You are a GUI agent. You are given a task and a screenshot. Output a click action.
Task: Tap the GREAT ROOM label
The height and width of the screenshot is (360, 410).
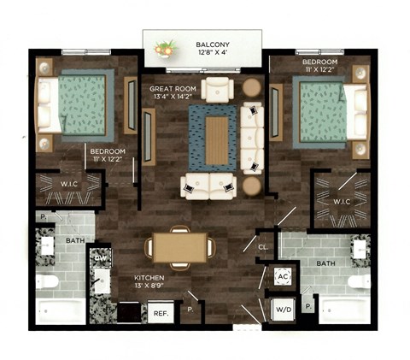point(174,88)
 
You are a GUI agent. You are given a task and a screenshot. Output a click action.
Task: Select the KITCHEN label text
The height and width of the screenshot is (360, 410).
point(149,279)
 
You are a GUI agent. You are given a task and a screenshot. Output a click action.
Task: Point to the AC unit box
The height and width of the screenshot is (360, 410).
point(283,276)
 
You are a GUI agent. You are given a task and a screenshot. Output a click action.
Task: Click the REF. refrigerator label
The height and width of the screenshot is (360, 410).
point(160,315)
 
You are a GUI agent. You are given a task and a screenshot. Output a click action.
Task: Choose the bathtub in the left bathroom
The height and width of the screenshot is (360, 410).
point(61,310)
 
